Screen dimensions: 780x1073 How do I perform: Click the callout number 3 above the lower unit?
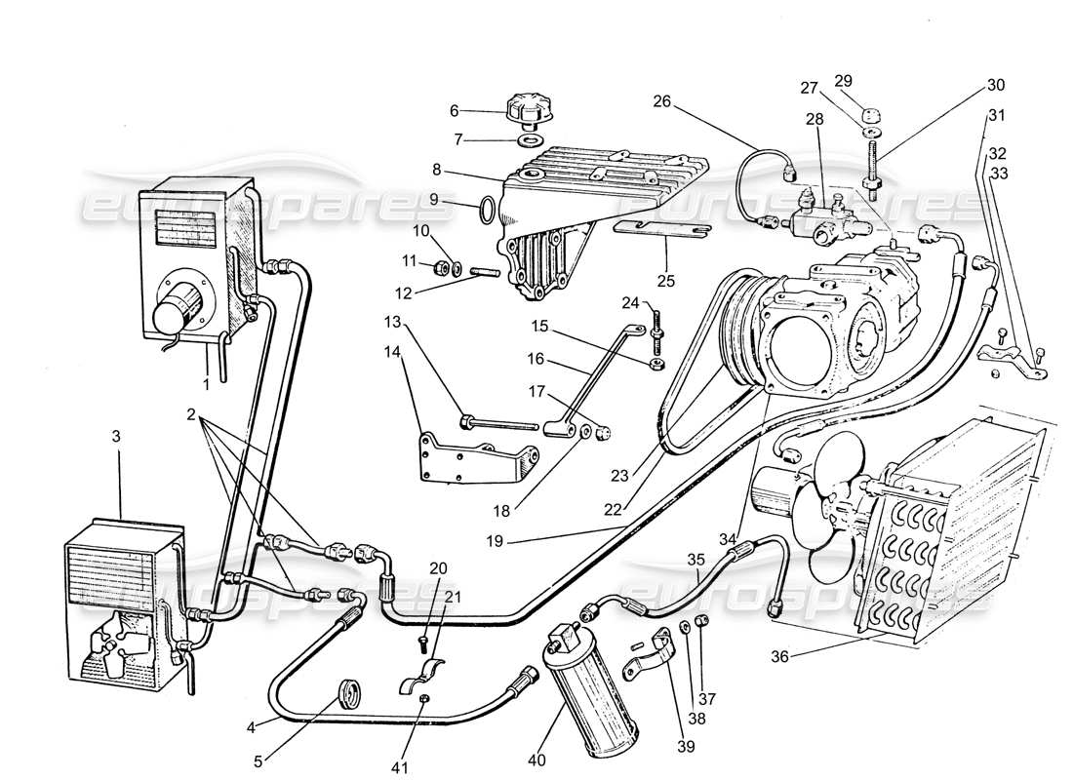click(x=116, y=437)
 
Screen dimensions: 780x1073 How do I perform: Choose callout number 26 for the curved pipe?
click(x=662, y=100)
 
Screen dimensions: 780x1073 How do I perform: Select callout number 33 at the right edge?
click(x=999, y=174)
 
